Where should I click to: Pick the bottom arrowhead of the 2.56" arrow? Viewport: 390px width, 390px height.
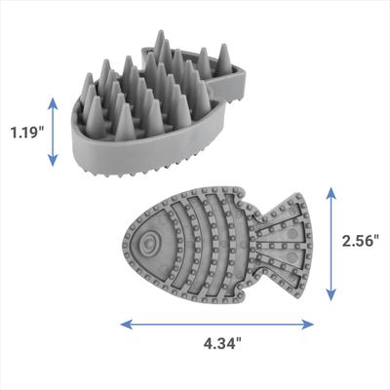[x=331, y=298]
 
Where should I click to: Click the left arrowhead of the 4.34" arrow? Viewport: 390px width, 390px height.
[x=124, y=320]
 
